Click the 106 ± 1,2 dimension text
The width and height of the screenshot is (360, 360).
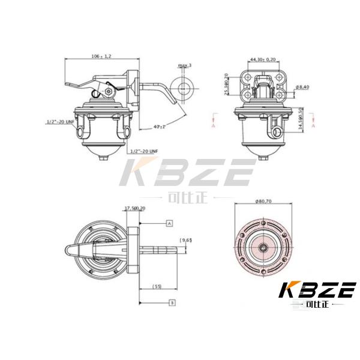pos(101,55)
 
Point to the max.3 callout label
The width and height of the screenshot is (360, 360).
pos(184,65)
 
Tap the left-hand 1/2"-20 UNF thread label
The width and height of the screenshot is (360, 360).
pos(60,121)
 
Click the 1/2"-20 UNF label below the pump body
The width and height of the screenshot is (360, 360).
pos(146,151)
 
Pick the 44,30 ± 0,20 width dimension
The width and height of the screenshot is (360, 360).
pos(263,59)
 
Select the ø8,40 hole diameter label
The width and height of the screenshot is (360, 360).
pos(302,87)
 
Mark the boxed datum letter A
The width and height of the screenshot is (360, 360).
pos(170,223)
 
